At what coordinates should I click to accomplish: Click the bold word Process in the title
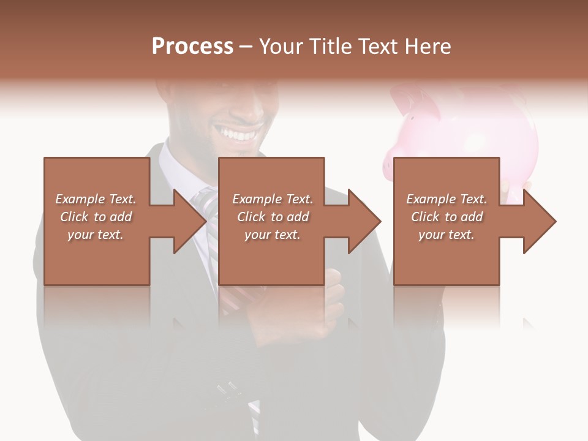[x=192, y=47]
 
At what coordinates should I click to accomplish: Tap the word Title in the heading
[x=330, y=47]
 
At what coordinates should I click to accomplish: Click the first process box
[x=97, y=257]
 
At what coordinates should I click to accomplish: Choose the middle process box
[x=271, y=257]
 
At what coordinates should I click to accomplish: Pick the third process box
[x=446, y=257]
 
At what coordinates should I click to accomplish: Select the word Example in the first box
[x=80, y=199]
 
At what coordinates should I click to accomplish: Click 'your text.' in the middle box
[x=272, y=235]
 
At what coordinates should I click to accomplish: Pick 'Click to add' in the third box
[x=447, y=217]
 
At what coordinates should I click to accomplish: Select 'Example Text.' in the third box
[x=447, y=199]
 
